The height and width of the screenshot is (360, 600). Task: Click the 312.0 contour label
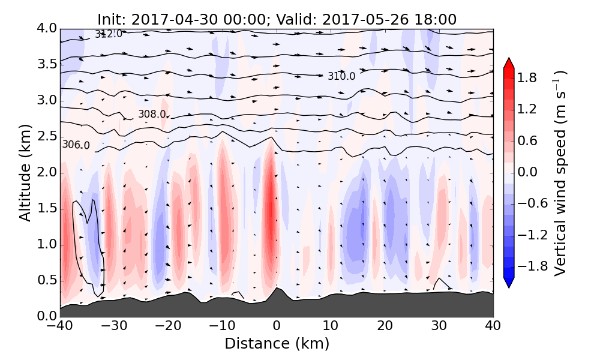click(x=109, y=34)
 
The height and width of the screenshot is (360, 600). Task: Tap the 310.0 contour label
click(x=341, y=76)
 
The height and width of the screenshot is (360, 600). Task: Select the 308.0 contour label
click(x=152, y=114)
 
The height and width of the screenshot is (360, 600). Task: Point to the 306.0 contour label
click(x=76, y=145)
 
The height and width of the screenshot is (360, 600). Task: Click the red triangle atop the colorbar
click(x=508, y=62)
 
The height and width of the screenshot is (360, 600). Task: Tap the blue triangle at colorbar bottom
click(x=508, y=283)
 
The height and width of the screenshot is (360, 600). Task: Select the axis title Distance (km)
click(x=277, y=344)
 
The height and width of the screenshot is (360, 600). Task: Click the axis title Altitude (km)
click(x=25, y=172)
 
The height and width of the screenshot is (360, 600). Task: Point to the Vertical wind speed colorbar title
click(x=560, y=173)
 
